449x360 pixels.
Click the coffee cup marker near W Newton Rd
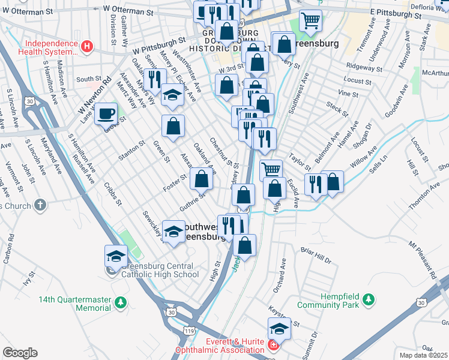pyautogui.click(x=106, y=113)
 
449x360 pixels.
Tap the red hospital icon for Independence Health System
pyautogui.click(x=88, y=46)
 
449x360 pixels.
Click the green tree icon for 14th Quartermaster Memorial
pyautogui.click(x=121, y=302)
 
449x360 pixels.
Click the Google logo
pyautogui.click(x=20, y=353)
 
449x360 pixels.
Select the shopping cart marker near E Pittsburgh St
pyautogui.click(x=310, y=21)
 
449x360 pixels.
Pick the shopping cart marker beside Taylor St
pyautogui.click(x=271, y=170)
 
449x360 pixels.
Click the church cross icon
pyautogui.click(x=40, y=205)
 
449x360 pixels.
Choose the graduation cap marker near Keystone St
pyautogui.click(x=279, y=328)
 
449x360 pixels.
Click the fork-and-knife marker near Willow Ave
pyautogui.click(x=315, y=183)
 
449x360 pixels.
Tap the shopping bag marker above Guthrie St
pyautogui.click(x=201, y=179)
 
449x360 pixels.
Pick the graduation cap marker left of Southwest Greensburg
pyautogui.click(x=173, y=232)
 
